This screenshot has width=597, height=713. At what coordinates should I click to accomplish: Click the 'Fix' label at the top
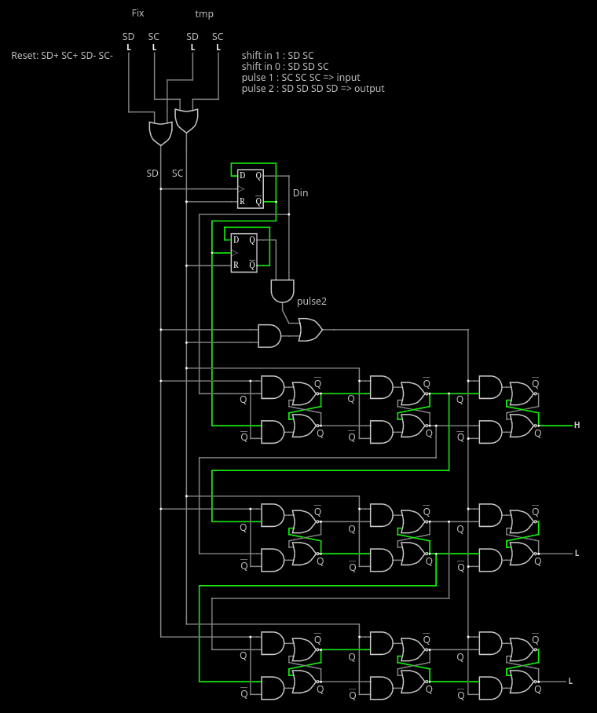tap(138, 13)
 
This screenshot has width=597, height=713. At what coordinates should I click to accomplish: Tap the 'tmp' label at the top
tap(204, 14)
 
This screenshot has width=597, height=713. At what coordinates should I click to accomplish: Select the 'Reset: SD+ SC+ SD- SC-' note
tap(62, 56)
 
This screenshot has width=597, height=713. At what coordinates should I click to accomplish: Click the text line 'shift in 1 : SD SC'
tap(277, 56)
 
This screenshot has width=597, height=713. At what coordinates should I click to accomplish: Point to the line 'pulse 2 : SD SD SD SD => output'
tap(313, 88)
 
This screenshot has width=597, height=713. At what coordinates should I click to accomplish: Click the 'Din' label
tap(300, 193)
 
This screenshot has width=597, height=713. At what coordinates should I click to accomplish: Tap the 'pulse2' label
tap(312, 301)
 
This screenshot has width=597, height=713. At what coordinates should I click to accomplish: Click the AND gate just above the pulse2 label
tap(283, 291)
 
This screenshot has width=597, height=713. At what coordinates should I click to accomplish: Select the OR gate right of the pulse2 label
tap(310, 330)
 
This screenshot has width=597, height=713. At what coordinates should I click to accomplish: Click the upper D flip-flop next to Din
tap(251, 188)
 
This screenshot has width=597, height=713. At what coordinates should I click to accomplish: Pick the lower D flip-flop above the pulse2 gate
tap(244, 253)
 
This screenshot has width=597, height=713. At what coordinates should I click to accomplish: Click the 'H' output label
tap(577, 425)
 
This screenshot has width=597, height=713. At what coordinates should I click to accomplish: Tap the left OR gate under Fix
tap(160, 133)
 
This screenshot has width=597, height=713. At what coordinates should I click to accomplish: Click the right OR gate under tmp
tap(187, 121)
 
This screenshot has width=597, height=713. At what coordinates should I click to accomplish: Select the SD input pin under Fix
tap(129, 47)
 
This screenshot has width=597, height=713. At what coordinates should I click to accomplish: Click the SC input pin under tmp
tap(218, 47)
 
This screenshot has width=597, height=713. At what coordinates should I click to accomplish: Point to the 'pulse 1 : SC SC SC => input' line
tap(301, 77)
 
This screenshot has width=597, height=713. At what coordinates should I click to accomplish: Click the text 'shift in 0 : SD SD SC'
tap(285, 67)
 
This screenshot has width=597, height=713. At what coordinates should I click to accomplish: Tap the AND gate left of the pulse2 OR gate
tap(269, 336)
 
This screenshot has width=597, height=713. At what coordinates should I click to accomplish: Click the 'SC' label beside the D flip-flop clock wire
tap(178, 174)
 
